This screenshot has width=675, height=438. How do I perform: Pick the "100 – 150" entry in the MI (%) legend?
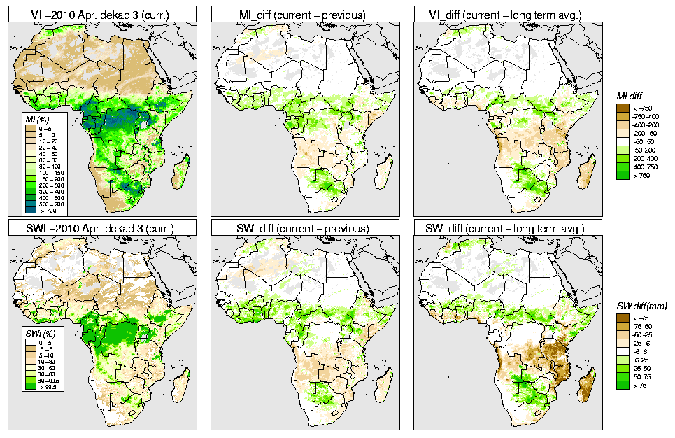pyautogui.click(x=51, y=171)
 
